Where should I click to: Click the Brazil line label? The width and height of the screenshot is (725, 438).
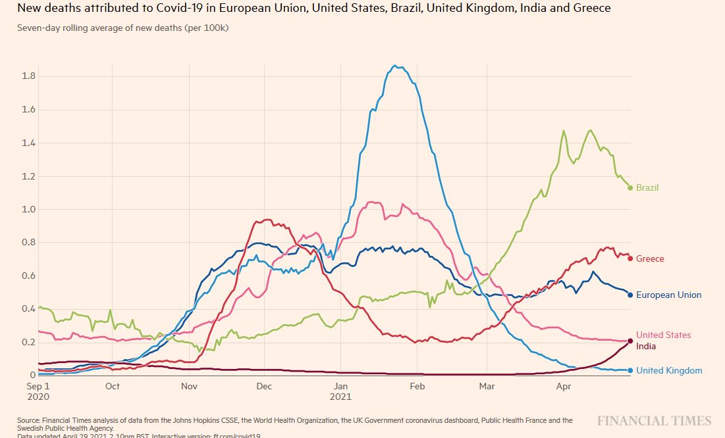tap(647, 188)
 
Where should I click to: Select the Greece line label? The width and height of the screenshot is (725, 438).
tap(650, 259)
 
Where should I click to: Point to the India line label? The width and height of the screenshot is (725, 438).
tap(646, 347)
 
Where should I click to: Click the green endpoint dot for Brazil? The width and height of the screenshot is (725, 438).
tap(630, 188)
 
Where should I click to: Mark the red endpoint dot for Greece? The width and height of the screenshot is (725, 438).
tap(630, 258)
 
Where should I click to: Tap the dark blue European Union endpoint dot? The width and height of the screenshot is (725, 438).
tap(630, 295)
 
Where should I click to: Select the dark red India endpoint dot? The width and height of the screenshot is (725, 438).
tap(630, 341)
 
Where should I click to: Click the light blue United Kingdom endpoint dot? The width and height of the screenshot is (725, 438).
tap(630, 371)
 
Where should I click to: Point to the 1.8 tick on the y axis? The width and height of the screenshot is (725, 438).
tap(28, 76)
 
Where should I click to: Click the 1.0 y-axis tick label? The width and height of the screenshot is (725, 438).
tap(28, 210)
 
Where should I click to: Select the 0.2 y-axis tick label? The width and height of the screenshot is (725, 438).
tap(28, 343)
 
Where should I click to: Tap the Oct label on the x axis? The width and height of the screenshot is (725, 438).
tap(113, 387)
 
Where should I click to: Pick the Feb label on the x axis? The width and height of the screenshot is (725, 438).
tap(417, 387)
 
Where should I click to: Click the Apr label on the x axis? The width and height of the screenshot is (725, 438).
tap(563, 387)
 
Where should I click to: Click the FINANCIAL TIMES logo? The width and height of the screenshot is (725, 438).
tap(654, 421)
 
